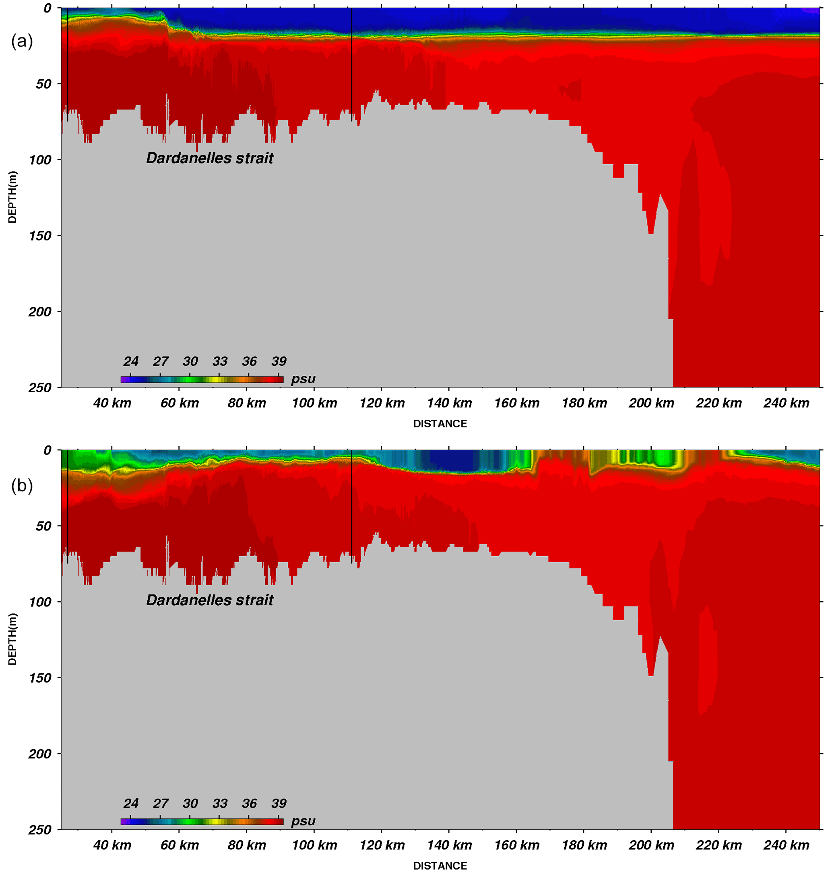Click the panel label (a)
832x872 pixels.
click(x=22, y=42)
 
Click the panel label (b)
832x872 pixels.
click(x=22, y=486)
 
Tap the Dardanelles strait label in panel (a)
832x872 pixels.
click(x=209, y=158)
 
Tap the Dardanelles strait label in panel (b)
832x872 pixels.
click(x=209, y=600)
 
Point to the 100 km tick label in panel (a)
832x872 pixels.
click(x=314, y=403)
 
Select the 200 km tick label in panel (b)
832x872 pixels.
click(x=651, y=845)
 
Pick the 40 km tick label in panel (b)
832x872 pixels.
click(x=112, y=845)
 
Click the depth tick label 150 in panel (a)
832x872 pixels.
click(x=41, y=236)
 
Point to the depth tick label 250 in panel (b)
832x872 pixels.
click(x=41, y=829)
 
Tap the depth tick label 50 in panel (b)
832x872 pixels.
click(x=43, y=526)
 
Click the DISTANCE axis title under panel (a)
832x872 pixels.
click(x=440, y=424)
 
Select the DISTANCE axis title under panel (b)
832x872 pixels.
click(x=440, y=866)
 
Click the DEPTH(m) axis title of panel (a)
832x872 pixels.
click(x=12, y=197)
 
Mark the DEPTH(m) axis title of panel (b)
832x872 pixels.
click(x=12, y=639)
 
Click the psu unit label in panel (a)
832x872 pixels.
click(x=303, y=379)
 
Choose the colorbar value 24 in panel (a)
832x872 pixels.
click(x=131, y=361)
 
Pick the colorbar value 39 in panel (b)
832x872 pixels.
click(x=279, y=803)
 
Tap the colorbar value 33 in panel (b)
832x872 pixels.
click(x=220, y=803)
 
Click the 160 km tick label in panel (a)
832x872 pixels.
click(x=517, y=403)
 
